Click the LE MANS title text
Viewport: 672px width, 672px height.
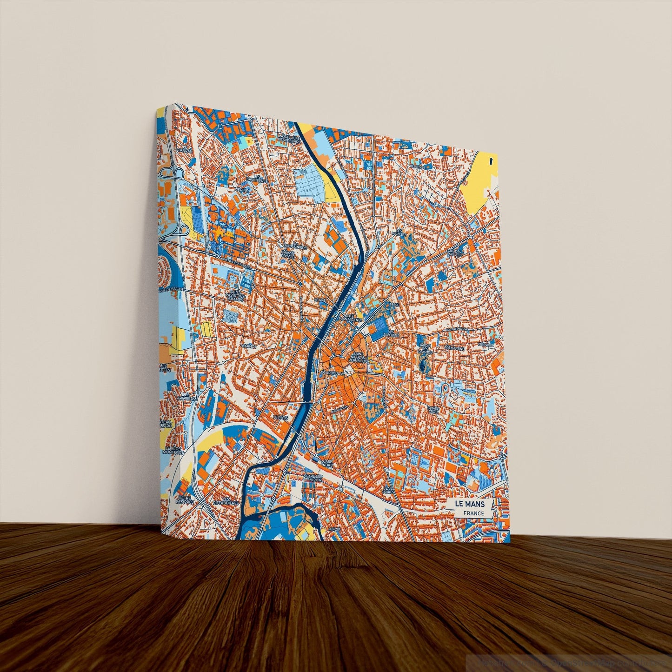tap(470, 504)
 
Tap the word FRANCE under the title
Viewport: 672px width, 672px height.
tap(473, 513)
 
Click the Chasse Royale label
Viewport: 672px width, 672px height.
tap(287, 254)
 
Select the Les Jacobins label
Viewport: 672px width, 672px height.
tap(391, 333)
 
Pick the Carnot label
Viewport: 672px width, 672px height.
tap(249, 346)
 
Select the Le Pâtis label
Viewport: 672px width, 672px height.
tap(281, 418)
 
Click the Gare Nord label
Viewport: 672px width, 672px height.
tap(327, 463)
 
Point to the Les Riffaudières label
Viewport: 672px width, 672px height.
tap(226, 500)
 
